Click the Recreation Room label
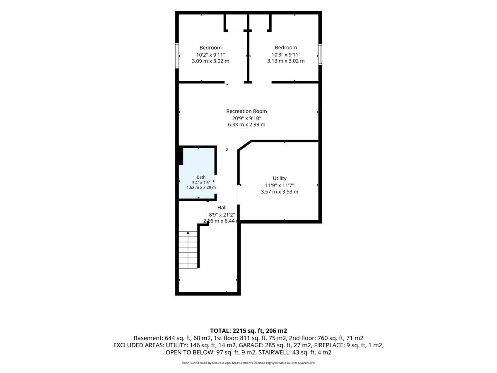(x=246, y=111)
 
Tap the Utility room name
(x=280, y=178)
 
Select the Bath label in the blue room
(x=201, y=177)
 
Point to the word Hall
(x=222, y=208)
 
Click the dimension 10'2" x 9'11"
(x=210, y=55)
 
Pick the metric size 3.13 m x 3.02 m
(x=286, y=61)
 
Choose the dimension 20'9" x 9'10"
(x=246, y=118)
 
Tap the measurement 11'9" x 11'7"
(x=280, y=185)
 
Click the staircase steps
(x=188, y=250)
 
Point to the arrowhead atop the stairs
(x=188, y=233)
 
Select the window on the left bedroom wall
(x=177, y=56)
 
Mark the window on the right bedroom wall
(x=320, y=55)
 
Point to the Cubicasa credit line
(x=248, y=363)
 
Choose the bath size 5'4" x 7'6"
(x=201, y=182)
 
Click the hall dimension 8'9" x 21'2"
(x=222, y=214)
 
